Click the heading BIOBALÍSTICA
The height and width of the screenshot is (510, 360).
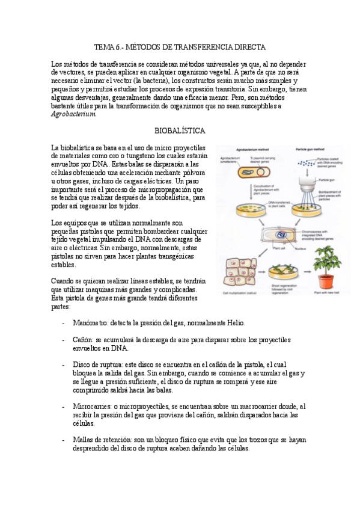pyautogui.click(x=180, y=130)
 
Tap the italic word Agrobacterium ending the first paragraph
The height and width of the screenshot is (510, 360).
pyautogui.click(x=73, y=114)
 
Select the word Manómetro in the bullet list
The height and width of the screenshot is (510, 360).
pyautogui.click(x=90, y=323)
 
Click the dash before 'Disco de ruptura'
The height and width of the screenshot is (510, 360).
pyautogui.click(x=64, y=364)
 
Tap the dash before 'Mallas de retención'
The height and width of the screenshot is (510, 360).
pyautogui.click(x=64, y=440)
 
